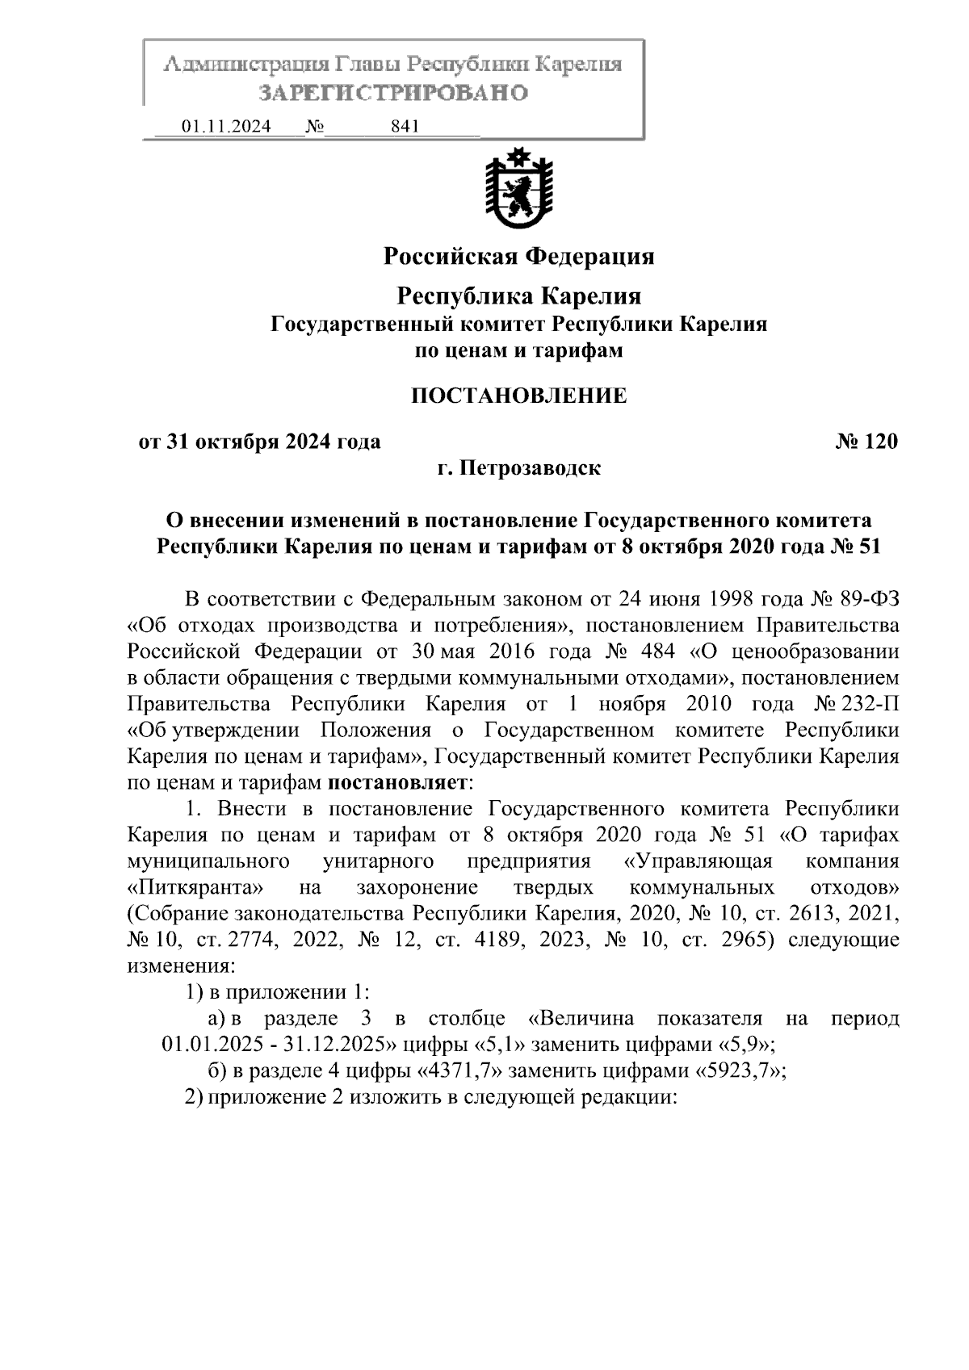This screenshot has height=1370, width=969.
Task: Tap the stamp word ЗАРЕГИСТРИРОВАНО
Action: click(392, 93)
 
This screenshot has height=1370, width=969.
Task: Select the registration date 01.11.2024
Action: click(226, 127)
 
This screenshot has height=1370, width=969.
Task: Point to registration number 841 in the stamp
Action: click(405, 127)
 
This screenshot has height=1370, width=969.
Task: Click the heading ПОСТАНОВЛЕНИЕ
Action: click(518, 396)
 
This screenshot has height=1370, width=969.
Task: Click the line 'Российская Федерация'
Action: click(518, 257)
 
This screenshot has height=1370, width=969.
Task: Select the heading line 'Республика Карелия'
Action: click(518, 296)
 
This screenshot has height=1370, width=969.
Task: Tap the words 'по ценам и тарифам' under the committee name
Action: click(518, 351)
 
